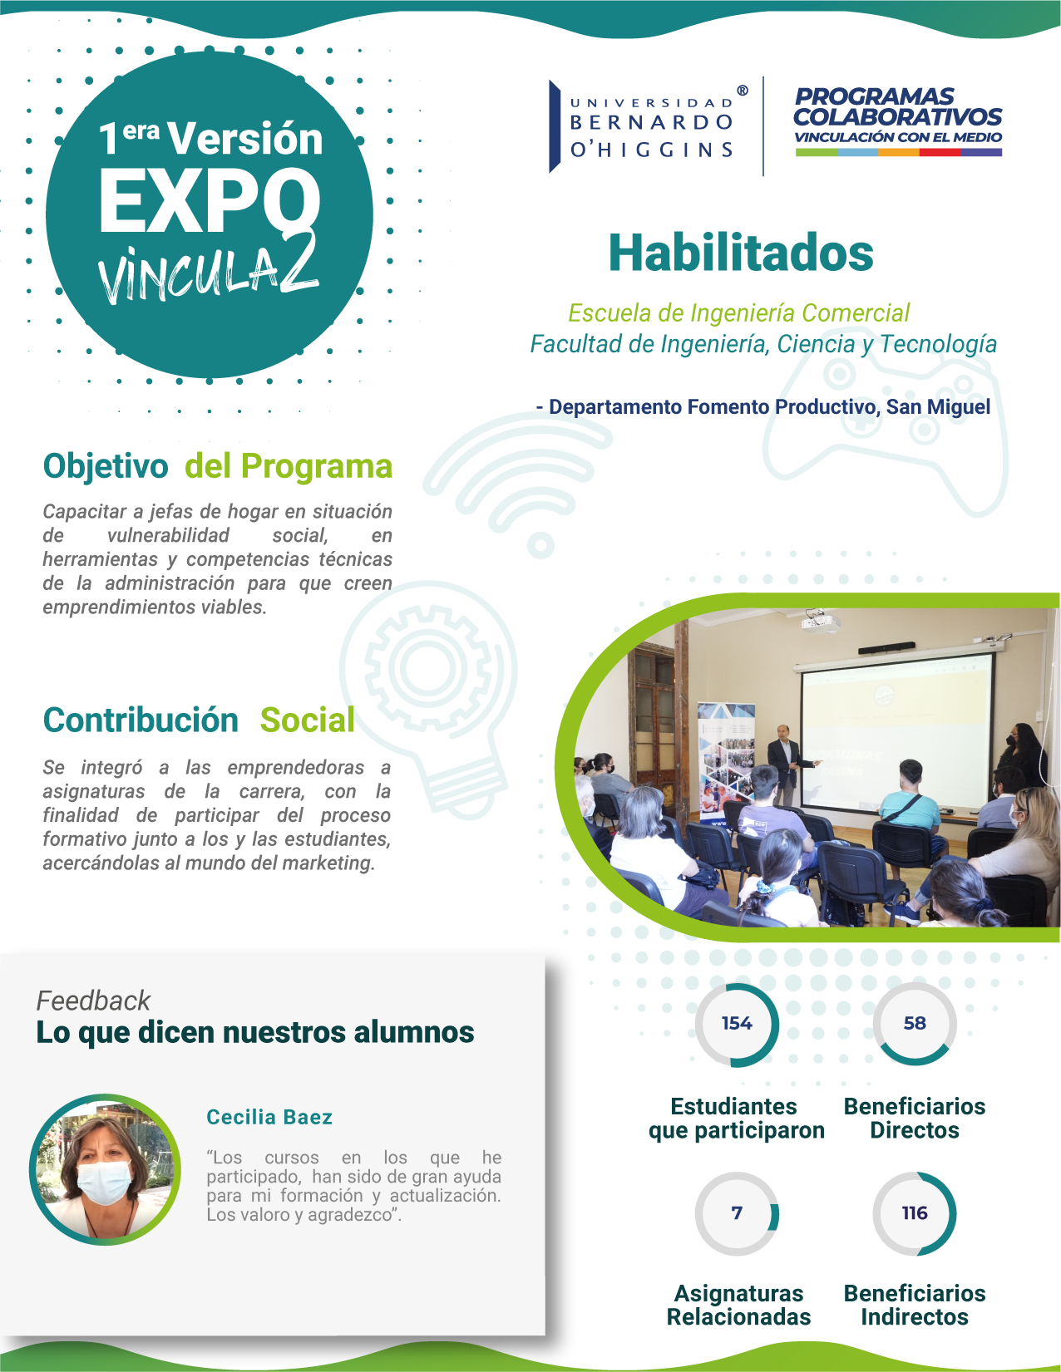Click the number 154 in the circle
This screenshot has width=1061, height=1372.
[x=737, y=1023]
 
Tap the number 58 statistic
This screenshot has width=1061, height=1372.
[x=915, y=1023]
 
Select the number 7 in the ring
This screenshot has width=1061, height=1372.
[x=737, y=1212]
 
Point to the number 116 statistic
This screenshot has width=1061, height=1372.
[x=915, y=1212]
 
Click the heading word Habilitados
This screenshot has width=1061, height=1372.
[x=741, y=253]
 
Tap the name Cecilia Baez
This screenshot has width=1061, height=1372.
[x=269, y=1117]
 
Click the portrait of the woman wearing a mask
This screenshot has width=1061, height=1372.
[x=105, y=1169]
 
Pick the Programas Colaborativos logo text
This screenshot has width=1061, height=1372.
[x=898, y=120]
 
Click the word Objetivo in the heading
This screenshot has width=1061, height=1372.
[x=106, y=466]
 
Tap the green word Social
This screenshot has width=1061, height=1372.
[x=308, y=720]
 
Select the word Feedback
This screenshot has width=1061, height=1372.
[x=93, y=1001]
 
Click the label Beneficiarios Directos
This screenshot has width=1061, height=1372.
[x=915, y=1119]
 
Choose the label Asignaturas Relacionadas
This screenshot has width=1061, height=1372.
[x=738, y=1305]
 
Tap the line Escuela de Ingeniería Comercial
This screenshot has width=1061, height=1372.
[x=738, y=313]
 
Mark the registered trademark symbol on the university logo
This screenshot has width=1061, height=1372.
[x=743, y=91]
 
